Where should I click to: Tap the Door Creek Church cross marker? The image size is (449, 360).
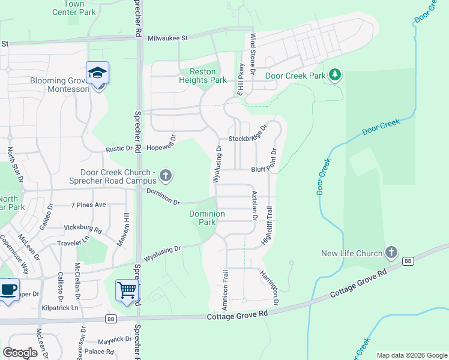166,176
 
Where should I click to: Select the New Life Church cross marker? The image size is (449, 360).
391,253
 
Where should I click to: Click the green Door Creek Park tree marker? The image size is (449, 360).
335,76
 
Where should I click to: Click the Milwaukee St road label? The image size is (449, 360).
168,37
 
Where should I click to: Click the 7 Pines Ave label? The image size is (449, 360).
88,205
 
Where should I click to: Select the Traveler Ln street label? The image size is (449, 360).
73,243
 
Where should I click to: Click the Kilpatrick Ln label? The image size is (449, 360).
60,307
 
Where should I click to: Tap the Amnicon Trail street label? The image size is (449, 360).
226,289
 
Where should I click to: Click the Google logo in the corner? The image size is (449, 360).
20,352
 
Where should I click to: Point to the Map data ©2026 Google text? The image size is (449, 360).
411,355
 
